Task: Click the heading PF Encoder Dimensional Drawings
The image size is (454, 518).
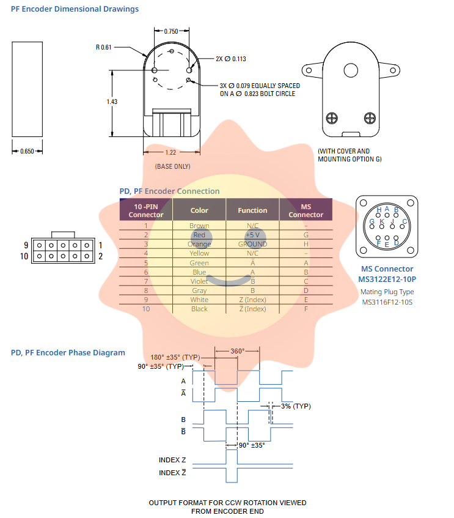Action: (x=75, y=9)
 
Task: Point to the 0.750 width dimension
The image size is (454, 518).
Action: (x=171, y=31)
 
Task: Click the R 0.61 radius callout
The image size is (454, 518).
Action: (x=104, y=47)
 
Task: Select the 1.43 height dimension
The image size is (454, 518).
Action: (x=112, y=102)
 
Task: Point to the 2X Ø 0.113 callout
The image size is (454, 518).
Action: (x=231, y=59)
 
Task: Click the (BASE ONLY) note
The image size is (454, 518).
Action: (x=172, y=166)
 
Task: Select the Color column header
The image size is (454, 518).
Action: (x=199, y=210)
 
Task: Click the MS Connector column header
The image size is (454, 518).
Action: (x=306, y=210)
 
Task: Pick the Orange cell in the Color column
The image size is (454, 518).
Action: (x=199, y=244)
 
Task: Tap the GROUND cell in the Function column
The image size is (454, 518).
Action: (x=252, y=244)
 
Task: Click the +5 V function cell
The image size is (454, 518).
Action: (x=252, y=235)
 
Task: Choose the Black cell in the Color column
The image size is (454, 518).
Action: (x=199, y=309)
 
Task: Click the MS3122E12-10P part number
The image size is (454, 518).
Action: (x=387, y=279)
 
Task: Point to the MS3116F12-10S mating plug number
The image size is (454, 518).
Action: (x=387, y=302)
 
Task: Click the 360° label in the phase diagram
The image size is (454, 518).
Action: (x=237, y=350)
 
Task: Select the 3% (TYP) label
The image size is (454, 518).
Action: (x=296, y=407)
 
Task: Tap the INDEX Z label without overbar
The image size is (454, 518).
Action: (x=172, y=460)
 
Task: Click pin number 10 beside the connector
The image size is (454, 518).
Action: (x=24, y=256)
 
